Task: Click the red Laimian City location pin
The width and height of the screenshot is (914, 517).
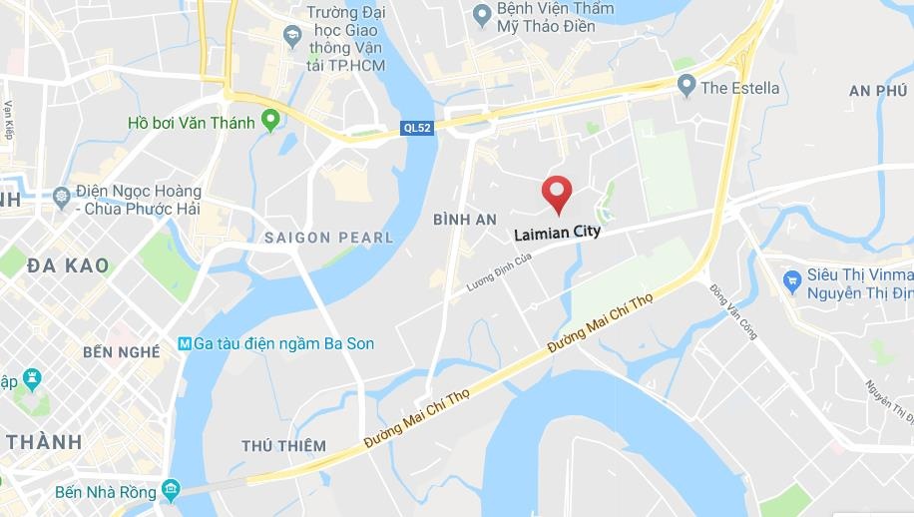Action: coord(556,192)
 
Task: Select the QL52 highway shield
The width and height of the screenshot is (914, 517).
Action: coord(417,127)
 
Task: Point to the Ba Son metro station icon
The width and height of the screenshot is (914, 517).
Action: coord(184,343)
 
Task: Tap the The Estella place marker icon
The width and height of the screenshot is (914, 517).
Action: coord(685,87)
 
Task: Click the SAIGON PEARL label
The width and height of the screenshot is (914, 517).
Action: coord(328,238)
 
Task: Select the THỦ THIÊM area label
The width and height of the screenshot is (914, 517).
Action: coord(283,445)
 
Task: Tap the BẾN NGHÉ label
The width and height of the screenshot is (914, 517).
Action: coord(122,352)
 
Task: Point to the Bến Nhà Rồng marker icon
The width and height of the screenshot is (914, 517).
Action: coord(172,489)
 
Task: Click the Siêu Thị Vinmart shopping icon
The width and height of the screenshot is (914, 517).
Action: coord(792,279)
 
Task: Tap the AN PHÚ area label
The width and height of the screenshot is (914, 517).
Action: coord(878,91)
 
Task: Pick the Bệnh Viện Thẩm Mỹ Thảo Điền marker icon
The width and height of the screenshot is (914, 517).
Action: coord(480,14)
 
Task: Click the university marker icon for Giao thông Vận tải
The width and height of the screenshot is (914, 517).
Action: coord(292,37)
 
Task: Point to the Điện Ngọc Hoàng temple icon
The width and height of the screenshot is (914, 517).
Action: coord(62,193)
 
